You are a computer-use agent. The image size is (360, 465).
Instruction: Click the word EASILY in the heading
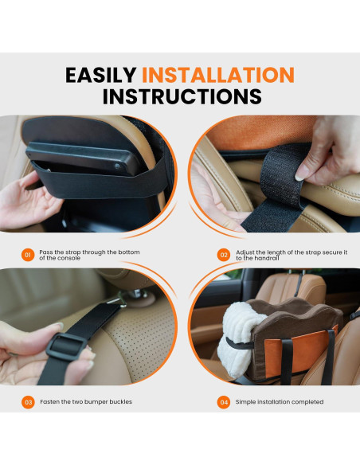pos(101,75)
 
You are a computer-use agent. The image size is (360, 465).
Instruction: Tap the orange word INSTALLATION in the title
pos(218,75)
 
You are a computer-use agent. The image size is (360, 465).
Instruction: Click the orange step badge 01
pos(28,255)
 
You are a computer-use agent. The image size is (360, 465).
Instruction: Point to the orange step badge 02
pos(225,255)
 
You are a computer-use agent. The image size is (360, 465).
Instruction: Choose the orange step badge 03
pos(28,402)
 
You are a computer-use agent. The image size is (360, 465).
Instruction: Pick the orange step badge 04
pos(225,402)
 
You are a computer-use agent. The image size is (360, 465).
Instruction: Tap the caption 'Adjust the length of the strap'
pos(291,255)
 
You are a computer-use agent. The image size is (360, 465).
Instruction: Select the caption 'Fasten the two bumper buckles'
pos(88,402)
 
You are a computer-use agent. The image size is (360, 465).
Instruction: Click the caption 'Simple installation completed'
pos(280,402)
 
